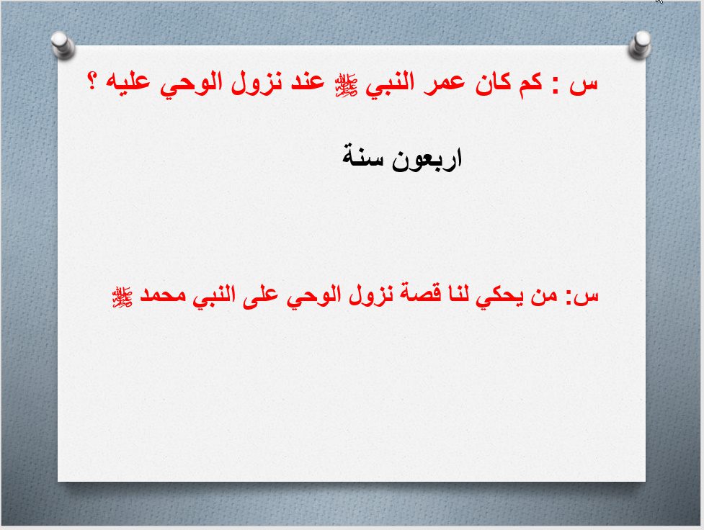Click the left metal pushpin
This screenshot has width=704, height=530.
(63, 45)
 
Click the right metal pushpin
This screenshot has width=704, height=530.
(640, 45)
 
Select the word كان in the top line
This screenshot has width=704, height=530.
(492, 83)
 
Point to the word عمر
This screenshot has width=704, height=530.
(445, 84)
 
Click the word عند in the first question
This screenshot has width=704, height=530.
(307, 83)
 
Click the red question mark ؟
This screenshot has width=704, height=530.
(92, 81)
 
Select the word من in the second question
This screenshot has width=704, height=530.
(544, 295)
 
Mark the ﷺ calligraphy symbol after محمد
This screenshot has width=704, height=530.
(122, 297)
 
